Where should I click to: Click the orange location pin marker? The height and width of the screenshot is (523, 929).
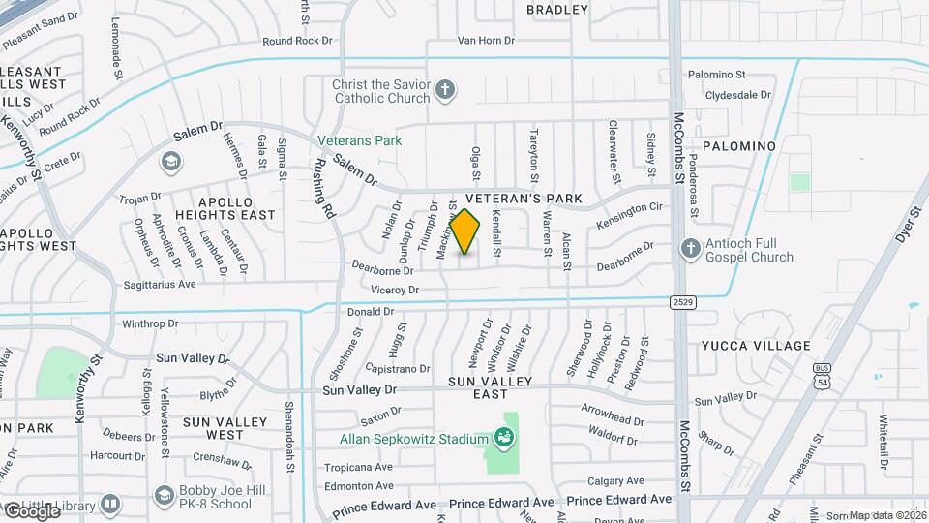click(464, 231)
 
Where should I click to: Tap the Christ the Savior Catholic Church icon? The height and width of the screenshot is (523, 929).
click(445, 91)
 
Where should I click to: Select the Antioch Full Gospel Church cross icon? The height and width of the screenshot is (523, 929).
click(691, 249)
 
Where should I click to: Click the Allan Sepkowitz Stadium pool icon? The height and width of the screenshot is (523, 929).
click(503, 439)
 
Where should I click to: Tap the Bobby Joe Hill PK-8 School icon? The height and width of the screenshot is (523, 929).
click(164, 496)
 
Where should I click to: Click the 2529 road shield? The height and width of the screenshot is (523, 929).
click(683, 302)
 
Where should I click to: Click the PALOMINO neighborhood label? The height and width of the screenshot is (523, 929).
click(739, 145)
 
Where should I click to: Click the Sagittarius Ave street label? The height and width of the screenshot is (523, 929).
click(159, 284)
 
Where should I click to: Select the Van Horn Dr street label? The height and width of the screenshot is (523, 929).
click(486, 41)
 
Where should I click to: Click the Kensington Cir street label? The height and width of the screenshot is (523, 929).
click(629, 215)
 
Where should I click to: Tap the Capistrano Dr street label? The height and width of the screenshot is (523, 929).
click(397, 369)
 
